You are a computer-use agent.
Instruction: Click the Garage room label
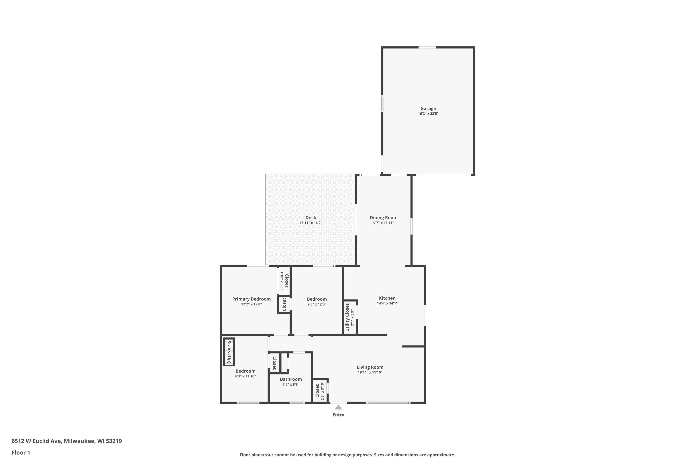click(x=428, y=109)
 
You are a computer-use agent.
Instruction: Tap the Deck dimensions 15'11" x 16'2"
click(x=311, y=223)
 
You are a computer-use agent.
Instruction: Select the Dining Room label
click(x=384, y=218)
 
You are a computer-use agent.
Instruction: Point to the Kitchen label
click(x=387, y=298)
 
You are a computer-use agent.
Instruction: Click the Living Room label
click(x=370, y=367)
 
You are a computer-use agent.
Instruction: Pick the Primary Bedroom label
click(x=251, y=299)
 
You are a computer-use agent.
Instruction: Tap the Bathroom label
click(x=291, y=379)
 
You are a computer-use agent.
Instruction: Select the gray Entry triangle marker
click(x=338, y=407)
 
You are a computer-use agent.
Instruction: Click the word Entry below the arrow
click(x=338, y=415)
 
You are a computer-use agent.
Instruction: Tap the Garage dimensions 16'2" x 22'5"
click(x=428, y=114)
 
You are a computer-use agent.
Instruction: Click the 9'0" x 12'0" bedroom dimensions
click(x=317, y=304)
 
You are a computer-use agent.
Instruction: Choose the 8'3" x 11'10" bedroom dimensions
click(x=245, y=376)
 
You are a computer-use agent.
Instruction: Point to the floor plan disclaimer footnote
click(x=347, y=455)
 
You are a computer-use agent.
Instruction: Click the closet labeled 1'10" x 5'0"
click(x=284, y=280)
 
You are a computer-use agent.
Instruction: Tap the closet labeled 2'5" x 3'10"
click(x=320, y=391)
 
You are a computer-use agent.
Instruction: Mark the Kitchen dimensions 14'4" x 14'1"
click(x=387, y=303)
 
